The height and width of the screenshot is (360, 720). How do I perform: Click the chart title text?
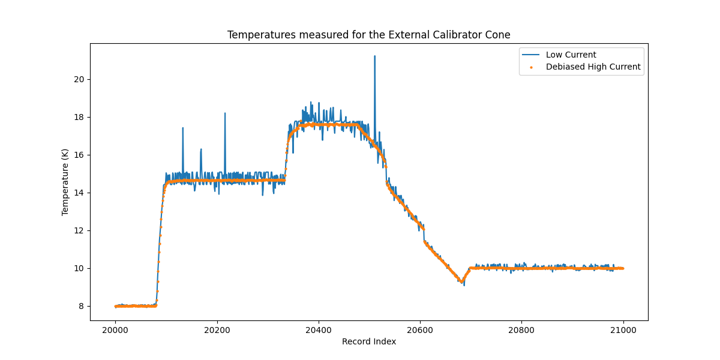click(x=368, y=35)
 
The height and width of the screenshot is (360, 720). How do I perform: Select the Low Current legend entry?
click(x=571, y=55)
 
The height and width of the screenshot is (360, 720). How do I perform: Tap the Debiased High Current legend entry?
click(x=593, y=67)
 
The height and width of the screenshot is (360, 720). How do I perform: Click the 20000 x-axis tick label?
click(x=115, y=329)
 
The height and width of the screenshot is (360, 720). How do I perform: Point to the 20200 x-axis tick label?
click(x=217, y=329)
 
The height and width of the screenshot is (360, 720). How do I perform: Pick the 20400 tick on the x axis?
click(x=318, y=329)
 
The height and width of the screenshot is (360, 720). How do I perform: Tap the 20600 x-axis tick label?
click(x=419, y=329)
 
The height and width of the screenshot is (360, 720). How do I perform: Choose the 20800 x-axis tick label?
click(x=521, y=329)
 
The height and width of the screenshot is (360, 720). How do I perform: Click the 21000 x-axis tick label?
click(x=623, y=329)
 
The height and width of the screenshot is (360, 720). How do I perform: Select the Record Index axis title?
click(x=368, y=341)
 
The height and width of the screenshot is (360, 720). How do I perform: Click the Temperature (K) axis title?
click(x=65, y=182)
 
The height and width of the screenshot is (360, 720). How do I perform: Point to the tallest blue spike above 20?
click(x=374, y=56)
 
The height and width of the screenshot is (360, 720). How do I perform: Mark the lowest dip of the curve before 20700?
click(x=464, y=284)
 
